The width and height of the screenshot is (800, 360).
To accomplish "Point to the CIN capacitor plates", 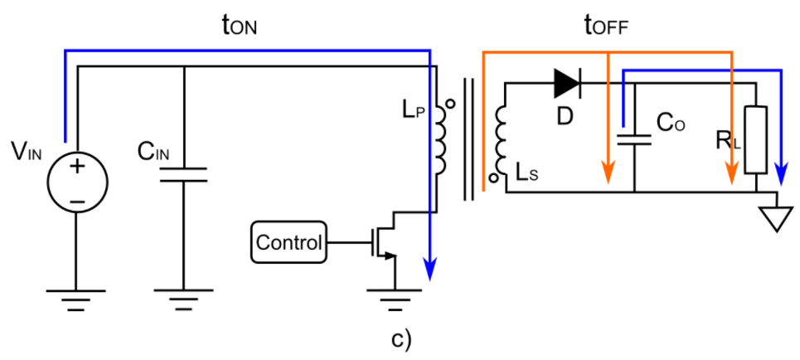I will tap(183, 175).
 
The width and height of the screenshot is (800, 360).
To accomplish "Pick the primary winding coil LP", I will tap(439, 144).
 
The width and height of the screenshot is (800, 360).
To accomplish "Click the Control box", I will tap(288, 243).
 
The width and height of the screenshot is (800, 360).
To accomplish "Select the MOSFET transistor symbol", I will tap(383, 240).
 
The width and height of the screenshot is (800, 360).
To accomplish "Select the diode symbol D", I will tap(567, 82).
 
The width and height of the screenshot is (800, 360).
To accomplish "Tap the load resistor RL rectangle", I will tap(754, 139).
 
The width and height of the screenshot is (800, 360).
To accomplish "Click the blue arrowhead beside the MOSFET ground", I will tap(429, 268).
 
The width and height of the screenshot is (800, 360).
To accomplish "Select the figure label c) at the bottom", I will tap(400, 339).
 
